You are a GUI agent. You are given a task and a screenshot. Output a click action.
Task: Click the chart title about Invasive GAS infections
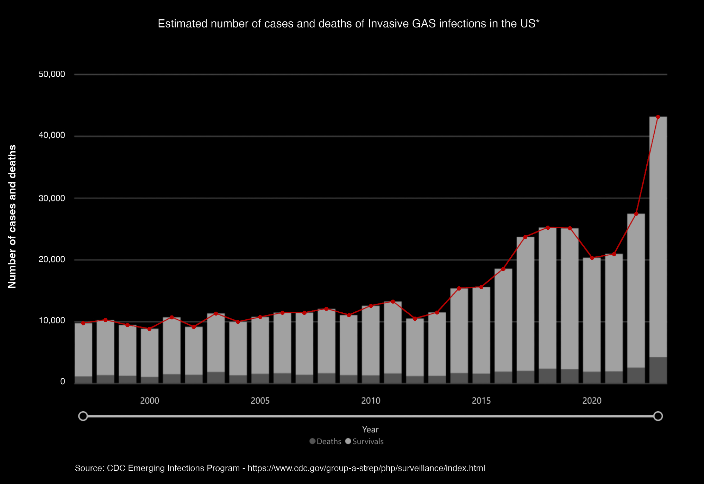tap(348, 24)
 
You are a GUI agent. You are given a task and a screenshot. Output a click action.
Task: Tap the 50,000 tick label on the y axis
tap(52, 74)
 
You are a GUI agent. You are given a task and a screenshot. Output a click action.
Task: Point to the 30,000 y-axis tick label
tap(52, 198)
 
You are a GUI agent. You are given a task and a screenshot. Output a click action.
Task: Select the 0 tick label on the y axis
tap(63, 382)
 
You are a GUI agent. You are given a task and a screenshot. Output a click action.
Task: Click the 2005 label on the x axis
tap(260, 401)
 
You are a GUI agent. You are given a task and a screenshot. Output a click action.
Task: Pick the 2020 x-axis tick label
tap(592, 401)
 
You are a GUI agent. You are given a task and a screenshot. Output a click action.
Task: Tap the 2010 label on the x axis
tap(371, 401)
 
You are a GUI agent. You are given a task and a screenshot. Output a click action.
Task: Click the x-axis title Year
tap(370, 429)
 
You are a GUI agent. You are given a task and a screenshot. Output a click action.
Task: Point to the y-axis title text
tap(12, 217)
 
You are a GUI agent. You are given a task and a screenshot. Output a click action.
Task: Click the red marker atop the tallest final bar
tap(658, 117)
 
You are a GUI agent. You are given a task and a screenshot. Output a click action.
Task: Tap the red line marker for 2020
tap(592, 258)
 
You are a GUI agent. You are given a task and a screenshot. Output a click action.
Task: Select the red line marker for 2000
tap(150, 329)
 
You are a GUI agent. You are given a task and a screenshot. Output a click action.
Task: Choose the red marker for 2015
tap(481, 287)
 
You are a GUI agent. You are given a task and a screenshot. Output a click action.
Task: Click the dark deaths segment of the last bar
tap(658, 370)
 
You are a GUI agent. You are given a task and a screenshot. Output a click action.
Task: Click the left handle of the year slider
tap(83, 416)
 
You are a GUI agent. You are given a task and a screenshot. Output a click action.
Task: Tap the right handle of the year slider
tap(658, 416)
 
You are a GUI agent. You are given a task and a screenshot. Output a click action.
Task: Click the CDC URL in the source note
tap(366, 468)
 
